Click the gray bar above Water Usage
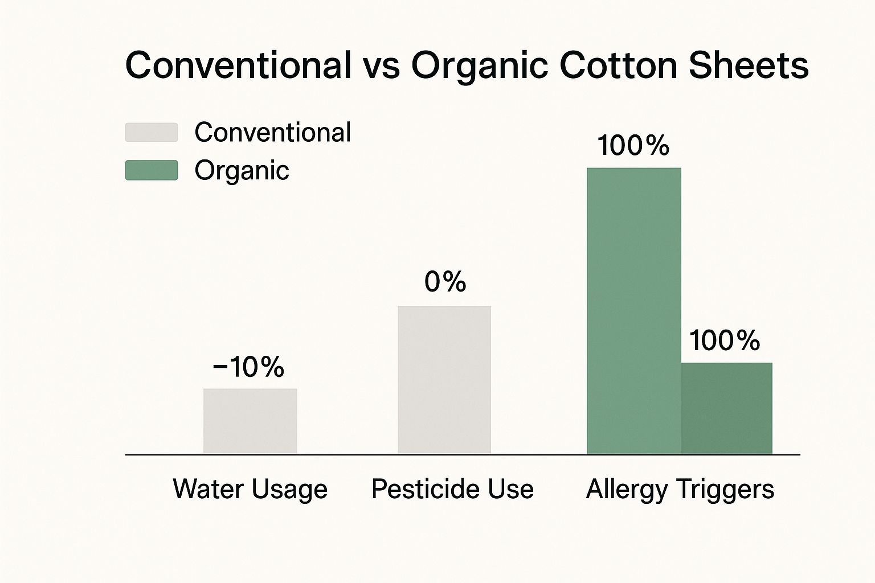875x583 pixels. pos(250,421)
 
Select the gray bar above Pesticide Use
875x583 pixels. pos(444,380)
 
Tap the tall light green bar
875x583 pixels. pos(634,311)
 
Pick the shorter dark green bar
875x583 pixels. pos(726,408)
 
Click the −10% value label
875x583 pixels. pos(248,367)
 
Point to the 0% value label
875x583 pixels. pos(445,281)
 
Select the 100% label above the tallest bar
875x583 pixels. pos(633,145)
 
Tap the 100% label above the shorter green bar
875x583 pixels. pos(725,340)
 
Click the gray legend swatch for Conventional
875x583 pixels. pos(152,133)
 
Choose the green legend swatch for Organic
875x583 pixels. pos(152,170)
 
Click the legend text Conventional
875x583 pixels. pos(273,132)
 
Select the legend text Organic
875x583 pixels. pos(242,171)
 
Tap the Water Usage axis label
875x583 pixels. pos(250,489)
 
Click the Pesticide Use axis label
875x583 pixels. pos(452,488)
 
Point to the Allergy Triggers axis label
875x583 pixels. pos(680,490)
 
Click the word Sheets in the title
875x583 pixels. pos(749,65)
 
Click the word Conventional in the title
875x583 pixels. pos(238,65)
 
